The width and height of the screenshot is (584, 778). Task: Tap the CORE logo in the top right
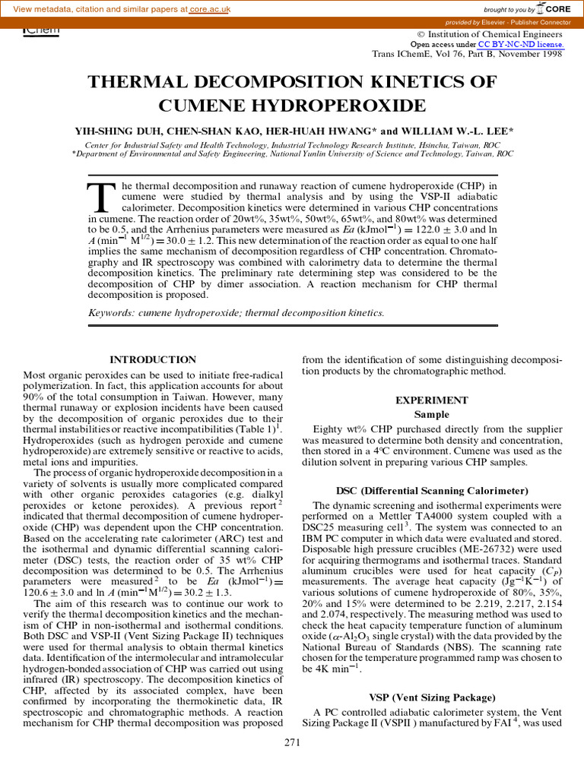(553, 8)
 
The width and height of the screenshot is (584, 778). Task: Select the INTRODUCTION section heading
(153, 359)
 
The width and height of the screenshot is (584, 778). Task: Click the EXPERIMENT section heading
(431, 400)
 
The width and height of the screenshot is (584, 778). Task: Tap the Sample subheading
(431, 415)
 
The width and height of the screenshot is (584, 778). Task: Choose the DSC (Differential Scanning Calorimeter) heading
(431, 491)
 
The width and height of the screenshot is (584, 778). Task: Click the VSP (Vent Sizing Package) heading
(432, 697)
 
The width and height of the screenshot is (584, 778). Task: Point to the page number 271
(293, 742)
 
